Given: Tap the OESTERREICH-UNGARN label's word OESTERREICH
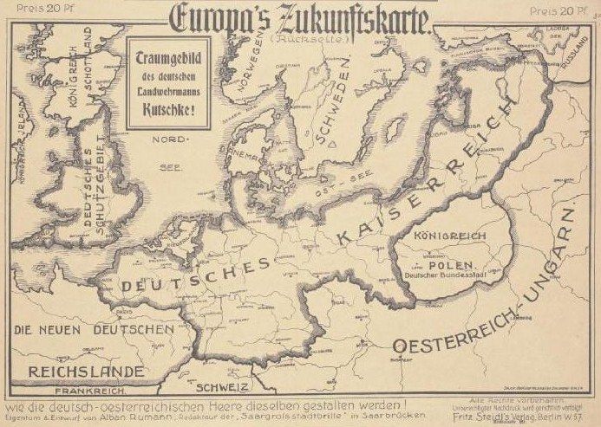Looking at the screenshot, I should coord(451,344).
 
